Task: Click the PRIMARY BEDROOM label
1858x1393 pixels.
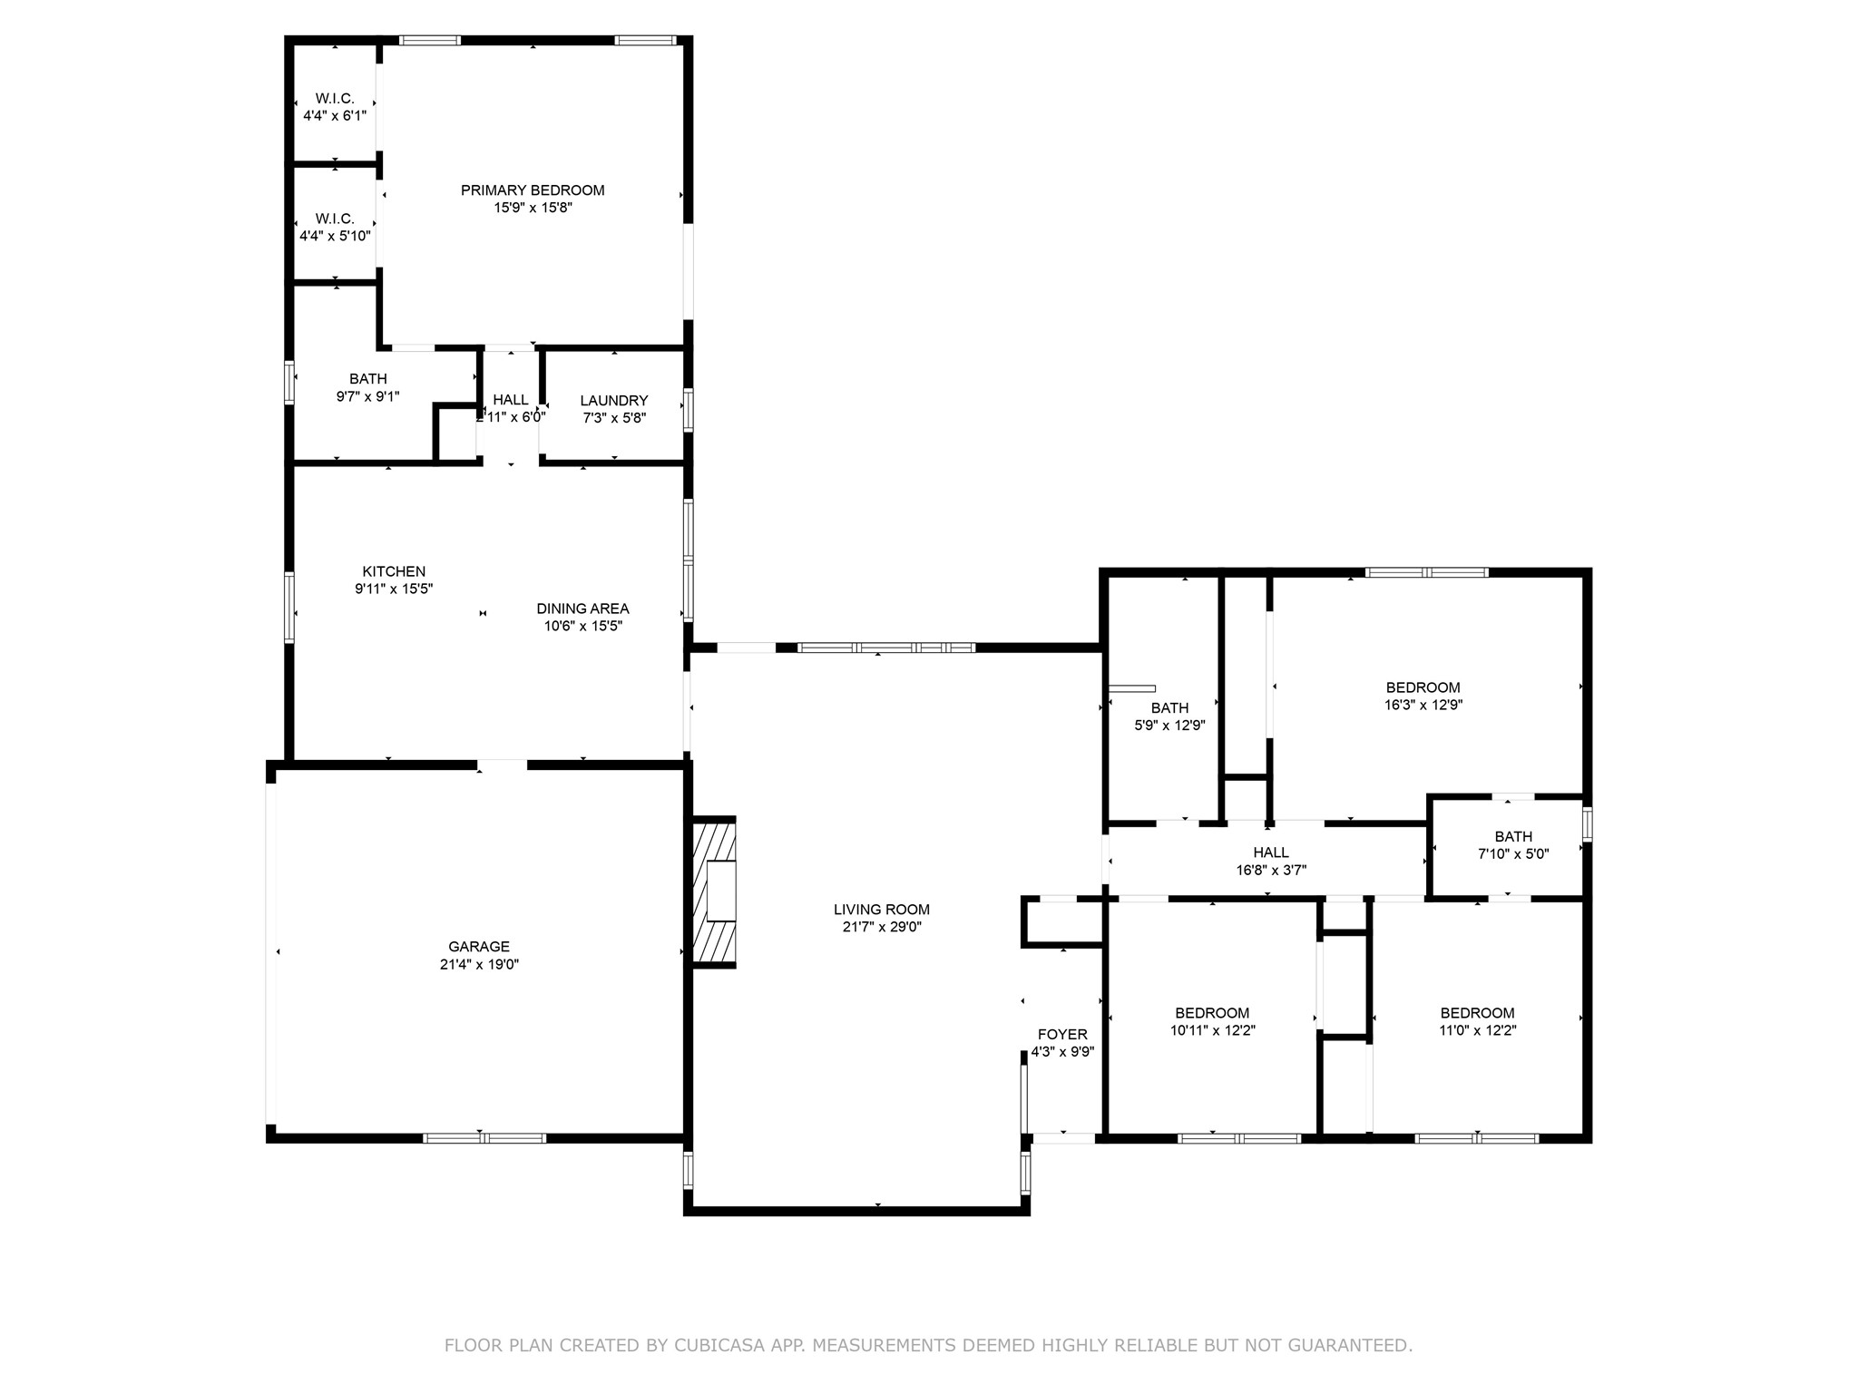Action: [533, 190]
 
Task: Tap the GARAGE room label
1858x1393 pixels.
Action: [479, 947]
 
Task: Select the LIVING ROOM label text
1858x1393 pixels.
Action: [882, 910]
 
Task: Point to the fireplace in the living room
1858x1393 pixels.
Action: [714, 891]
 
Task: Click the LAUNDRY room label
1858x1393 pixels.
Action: [614, 401]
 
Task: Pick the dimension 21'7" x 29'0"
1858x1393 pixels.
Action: [882, 927]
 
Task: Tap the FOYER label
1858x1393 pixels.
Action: [1062, 1035]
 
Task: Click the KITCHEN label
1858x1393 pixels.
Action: [394, 571]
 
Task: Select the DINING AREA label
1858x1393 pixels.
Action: [582, 609]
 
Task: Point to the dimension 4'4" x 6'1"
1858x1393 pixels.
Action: [335, 115]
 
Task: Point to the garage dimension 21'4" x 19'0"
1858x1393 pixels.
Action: [479, 965]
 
